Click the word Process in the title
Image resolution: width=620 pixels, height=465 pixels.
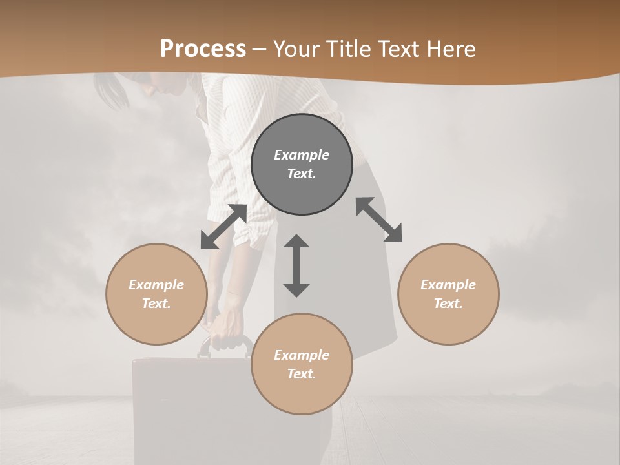coord(203,49)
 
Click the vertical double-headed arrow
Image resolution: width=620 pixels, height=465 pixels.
coord(296,265)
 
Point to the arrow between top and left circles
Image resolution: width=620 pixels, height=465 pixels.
coord(223,227)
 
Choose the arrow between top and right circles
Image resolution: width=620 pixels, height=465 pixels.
coord(378,220)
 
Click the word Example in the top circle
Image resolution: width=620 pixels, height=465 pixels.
coord(302,155)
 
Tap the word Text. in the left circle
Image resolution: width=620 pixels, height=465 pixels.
coord(156,304)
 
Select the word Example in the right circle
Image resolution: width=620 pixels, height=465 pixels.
coord(448,285)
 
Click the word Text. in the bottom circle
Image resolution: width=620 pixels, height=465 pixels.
coord(302,374)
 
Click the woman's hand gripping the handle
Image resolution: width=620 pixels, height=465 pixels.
coord(226,326)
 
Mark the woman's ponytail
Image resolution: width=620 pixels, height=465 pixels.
coord(110,90)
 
